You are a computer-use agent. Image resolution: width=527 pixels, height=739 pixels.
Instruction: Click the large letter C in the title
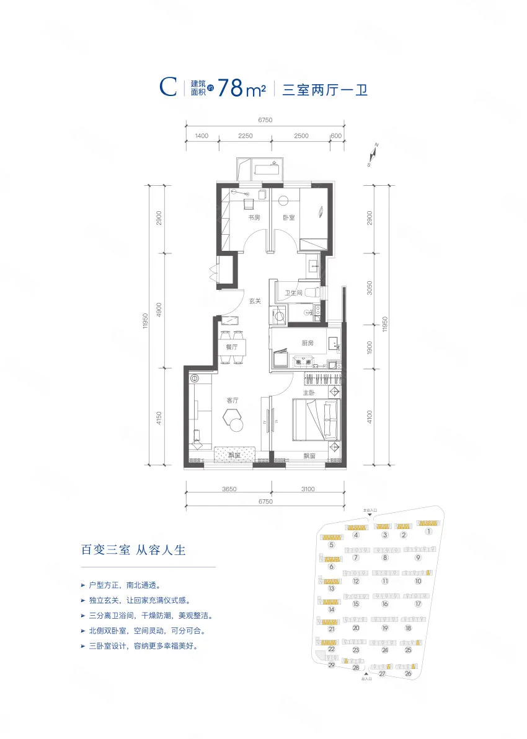point(169,88)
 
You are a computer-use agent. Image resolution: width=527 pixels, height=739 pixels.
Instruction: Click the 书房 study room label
point(254,218)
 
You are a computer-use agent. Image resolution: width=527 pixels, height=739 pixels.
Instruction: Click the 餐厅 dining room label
point(232,348)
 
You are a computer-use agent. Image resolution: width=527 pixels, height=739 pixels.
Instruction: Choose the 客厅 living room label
point(232,401)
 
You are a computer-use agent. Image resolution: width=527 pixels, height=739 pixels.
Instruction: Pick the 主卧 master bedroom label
point(308,392)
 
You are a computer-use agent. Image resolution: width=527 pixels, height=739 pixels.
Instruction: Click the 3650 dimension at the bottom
point(229,489)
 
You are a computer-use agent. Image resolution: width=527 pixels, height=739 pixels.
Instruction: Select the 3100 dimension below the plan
point(308,489)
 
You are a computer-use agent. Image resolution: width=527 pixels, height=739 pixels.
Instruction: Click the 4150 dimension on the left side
point(159,421)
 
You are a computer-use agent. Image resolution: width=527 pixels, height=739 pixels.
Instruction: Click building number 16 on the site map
point(385,604)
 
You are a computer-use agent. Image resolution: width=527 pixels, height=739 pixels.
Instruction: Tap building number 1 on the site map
point(428,531)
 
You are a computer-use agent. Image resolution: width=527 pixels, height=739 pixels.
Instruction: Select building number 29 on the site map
point(332,665)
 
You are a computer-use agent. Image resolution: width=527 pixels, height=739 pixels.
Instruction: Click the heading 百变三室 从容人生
point(134,549)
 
